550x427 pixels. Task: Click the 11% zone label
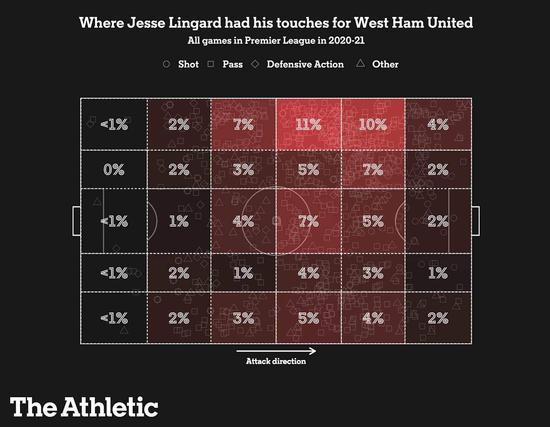point(308,124)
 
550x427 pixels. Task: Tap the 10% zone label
point(373,124)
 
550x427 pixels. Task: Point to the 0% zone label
point(114,170)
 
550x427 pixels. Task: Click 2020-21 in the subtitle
point(346,40)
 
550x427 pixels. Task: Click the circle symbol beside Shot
point(167,64)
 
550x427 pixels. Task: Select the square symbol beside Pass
point(211,64)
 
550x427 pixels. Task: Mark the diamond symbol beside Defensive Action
point(255,64)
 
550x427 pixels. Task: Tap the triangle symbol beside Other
point(360,64)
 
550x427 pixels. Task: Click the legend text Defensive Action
point(305,64)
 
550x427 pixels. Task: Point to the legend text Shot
point(189,64)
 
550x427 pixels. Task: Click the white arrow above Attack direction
point(276,351)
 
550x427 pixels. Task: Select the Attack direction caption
point(276,361)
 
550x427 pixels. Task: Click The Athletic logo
point(84,407)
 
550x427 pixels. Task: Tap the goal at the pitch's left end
point(77,221)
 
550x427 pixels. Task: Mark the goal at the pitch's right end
point(475,221)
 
